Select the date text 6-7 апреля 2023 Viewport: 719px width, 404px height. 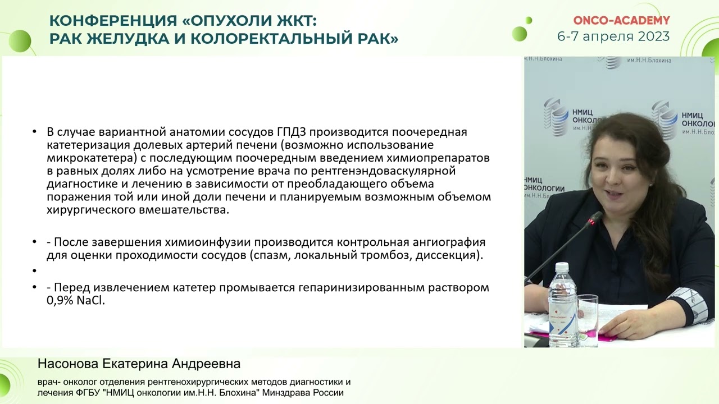(613, 36)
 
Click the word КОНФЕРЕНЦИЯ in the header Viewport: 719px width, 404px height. (112, 21)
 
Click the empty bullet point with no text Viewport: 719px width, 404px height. (34, 271)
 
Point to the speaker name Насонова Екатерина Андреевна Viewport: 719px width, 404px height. (139, 364)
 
